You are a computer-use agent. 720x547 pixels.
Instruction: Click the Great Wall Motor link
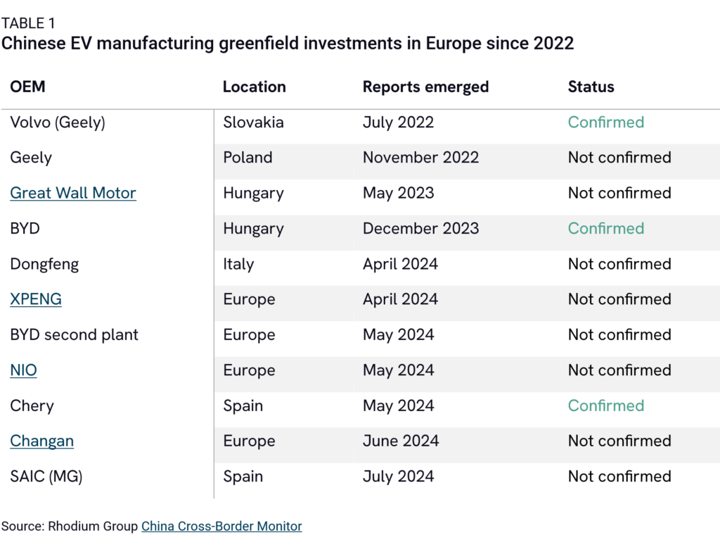point(73,193)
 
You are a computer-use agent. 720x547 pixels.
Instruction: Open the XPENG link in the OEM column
point(36,299)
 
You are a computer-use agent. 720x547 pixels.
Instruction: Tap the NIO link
point(23,370)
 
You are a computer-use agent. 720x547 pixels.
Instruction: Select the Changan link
point(41,441)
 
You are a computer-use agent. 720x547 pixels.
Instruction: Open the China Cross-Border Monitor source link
point(221,526)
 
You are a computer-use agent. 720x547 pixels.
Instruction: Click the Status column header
point(591,87)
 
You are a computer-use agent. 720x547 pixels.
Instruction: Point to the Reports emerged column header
point(425,87)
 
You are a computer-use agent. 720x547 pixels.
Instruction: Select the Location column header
point(254,87)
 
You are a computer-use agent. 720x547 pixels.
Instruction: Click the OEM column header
point(27,87)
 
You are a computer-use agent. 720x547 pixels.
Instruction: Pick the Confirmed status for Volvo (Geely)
point(605,122)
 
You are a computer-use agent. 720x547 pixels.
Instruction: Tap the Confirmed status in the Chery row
point(605,405)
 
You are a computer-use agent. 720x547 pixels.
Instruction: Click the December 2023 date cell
point(420,228)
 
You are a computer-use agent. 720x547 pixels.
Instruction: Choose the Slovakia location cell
point(253,122)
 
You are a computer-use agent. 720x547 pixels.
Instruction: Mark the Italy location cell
point(238,264)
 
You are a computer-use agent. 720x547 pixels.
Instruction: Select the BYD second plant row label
point(74,334)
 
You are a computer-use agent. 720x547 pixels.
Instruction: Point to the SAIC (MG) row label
point(46,477)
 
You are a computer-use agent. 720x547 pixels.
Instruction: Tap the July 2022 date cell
point(398,122)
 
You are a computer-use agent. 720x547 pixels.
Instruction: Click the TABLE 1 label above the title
point(28,23)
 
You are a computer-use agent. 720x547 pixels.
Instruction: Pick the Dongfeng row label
point(44,264)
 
